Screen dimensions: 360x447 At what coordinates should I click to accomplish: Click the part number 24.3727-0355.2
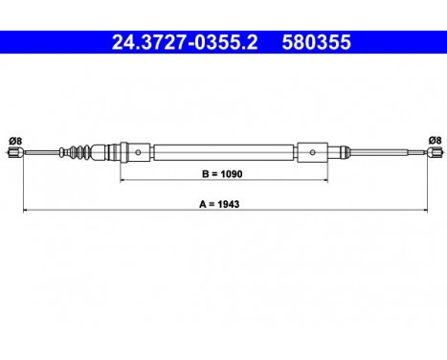[x=178, y=42]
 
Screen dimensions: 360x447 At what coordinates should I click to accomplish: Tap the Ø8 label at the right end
[x=433, y=140]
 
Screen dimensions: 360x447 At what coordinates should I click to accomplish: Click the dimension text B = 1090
[x=224, y=174]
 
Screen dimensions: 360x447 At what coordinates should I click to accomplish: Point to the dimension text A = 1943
[x=224, y=203]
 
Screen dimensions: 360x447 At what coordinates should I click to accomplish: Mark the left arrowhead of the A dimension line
[x=25, y=210]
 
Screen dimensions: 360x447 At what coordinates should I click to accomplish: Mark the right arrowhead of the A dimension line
[x=421, y=210]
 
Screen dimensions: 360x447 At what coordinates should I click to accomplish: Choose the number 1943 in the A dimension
[x=234, y=203]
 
